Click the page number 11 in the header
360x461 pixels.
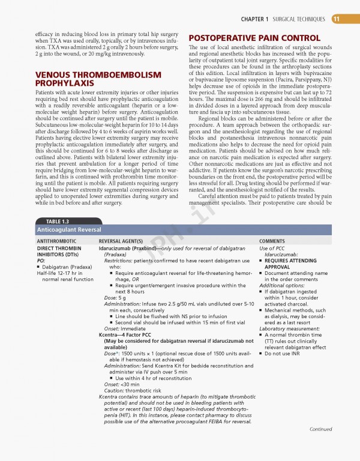(336, 19)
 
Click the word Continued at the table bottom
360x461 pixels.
(321, 446)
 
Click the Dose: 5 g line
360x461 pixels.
(116, 297)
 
